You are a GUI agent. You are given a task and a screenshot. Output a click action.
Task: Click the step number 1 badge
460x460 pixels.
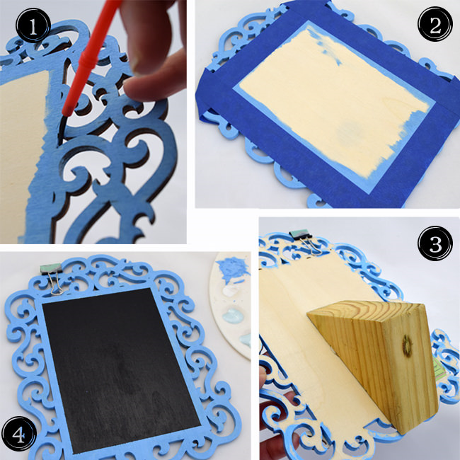[x=33, y=25]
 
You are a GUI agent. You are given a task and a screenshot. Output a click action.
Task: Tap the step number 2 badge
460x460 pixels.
[x=435, y=23]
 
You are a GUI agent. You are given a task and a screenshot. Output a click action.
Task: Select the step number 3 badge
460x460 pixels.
[x=435, y=243]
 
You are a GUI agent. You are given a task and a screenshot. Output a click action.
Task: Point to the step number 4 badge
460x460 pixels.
[x=19, y=434]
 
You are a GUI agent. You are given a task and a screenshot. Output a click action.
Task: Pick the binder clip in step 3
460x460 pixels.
[x=304, y=241]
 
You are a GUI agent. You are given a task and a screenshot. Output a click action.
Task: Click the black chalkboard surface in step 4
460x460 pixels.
[x=122, y=371]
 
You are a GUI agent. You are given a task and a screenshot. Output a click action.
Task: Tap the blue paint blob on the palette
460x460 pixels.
[x=234, y=269]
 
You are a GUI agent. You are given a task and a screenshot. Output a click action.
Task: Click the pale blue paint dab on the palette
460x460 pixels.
[x=234, y=316]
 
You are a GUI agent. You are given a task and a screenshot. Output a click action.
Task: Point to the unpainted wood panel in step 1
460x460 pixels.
[x=22, y=153]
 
